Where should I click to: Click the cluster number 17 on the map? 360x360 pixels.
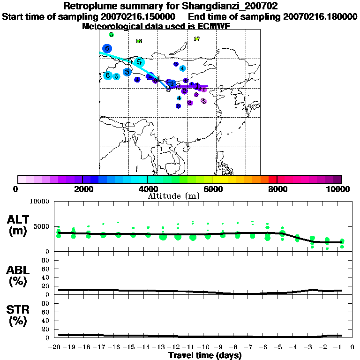click(x=197, y=39)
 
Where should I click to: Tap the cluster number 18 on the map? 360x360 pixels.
click(x=139, y=41)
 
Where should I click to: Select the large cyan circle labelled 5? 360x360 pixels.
click(x=139, y=62)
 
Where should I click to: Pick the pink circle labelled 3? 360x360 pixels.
click(x=203, y=101)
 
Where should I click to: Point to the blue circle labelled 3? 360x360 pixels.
click(x=127, y=72)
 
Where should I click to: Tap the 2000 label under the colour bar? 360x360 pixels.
click(x=82, y=189)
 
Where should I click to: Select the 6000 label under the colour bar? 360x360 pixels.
click(x=212, y=189)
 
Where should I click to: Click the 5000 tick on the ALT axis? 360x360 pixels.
click(x=43, y=226)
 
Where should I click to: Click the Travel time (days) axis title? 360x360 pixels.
click(x=205, y=355)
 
